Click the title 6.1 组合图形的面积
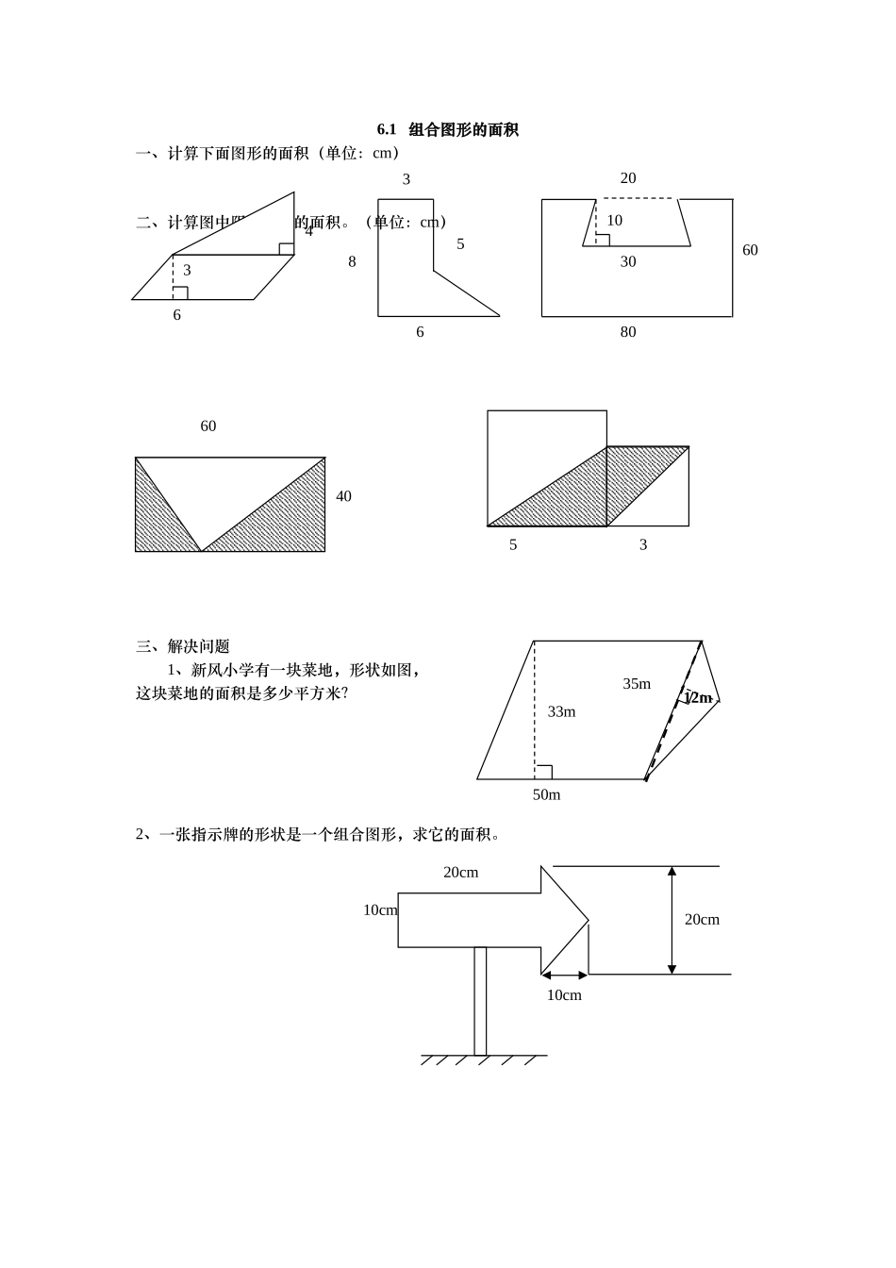[x=448, y=130]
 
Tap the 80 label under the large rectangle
[x=628, y=332]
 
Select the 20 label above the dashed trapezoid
[x=628, y=178]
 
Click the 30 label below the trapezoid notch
[x=628, y=262]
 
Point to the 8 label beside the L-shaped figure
[x=352, y=262]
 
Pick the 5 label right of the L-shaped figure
[x=460, y=244]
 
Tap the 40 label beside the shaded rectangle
[x=343, y=496]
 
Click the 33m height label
[x=561, y=712]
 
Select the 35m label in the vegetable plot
[x=637, y=684]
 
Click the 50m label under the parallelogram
[x=546, y=795]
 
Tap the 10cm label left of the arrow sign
[x=380, y=910]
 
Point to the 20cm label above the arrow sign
[x=460, y=873]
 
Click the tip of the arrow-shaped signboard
[x=586, y=921]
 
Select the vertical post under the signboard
[x=480, y=1000]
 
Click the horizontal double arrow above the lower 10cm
[x=564, y=976]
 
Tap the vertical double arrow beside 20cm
[x=672, y=920]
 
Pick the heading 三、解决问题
[x=183, y=647]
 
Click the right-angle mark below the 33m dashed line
[x=543, y=772]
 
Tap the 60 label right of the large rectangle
[x=750, y=250]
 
